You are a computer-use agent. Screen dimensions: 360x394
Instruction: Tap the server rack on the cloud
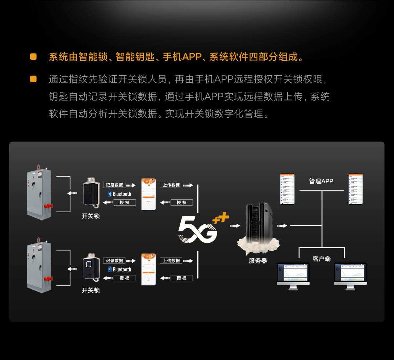point(259,222)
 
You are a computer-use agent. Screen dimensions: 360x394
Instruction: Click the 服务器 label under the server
point(258,261)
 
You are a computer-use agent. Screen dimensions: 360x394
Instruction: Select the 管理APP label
point(321,181)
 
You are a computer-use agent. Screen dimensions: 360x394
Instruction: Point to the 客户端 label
point(321,259)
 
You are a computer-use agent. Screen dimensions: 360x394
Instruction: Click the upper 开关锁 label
point(91,216)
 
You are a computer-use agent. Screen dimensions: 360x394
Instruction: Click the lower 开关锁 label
point(91,290)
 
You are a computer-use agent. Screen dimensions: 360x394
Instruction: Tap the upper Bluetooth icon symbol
point(110,194)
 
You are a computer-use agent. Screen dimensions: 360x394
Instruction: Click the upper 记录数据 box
point(114,185)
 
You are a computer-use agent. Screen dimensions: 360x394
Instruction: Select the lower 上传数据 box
point(171,261)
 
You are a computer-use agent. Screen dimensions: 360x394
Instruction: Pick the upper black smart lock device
point(91,193)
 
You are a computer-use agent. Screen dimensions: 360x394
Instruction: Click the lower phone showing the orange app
point(148,269)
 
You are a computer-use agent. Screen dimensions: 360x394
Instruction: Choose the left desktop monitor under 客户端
point(293,275)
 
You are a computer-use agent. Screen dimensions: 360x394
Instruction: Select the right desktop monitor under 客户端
point(350,275)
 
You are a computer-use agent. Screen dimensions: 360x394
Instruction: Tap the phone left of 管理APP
point(287,189)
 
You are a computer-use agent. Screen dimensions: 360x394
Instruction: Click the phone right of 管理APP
point(356,189)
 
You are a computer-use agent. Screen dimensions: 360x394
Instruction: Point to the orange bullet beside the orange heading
point(33,56)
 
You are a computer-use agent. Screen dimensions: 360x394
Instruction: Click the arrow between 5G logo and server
point(235,226)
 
